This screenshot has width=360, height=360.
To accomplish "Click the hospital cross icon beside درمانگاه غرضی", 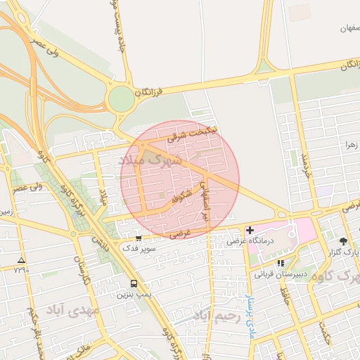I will (x=250, y=230).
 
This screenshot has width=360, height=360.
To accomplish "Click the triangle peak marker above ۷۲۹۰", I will (x=21, y=259).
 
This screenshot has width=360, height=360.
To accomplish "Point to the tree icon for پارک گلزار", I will (x=342, y=240).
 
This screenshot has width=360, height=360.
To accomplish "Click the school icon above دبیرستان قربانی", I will (x=281, y=263).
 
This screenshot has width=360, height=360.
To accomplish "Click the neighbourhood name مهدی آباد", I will (x=73, y=310).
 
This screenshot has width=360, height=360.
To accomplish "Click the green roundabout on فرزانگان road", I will (x=121, y=98).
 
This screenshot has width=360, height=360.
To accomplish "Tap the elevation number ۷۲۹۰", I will (x=21, y=269).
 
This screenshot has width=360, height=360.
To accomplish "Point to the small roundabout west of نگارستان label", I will (x=72, y=234).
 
